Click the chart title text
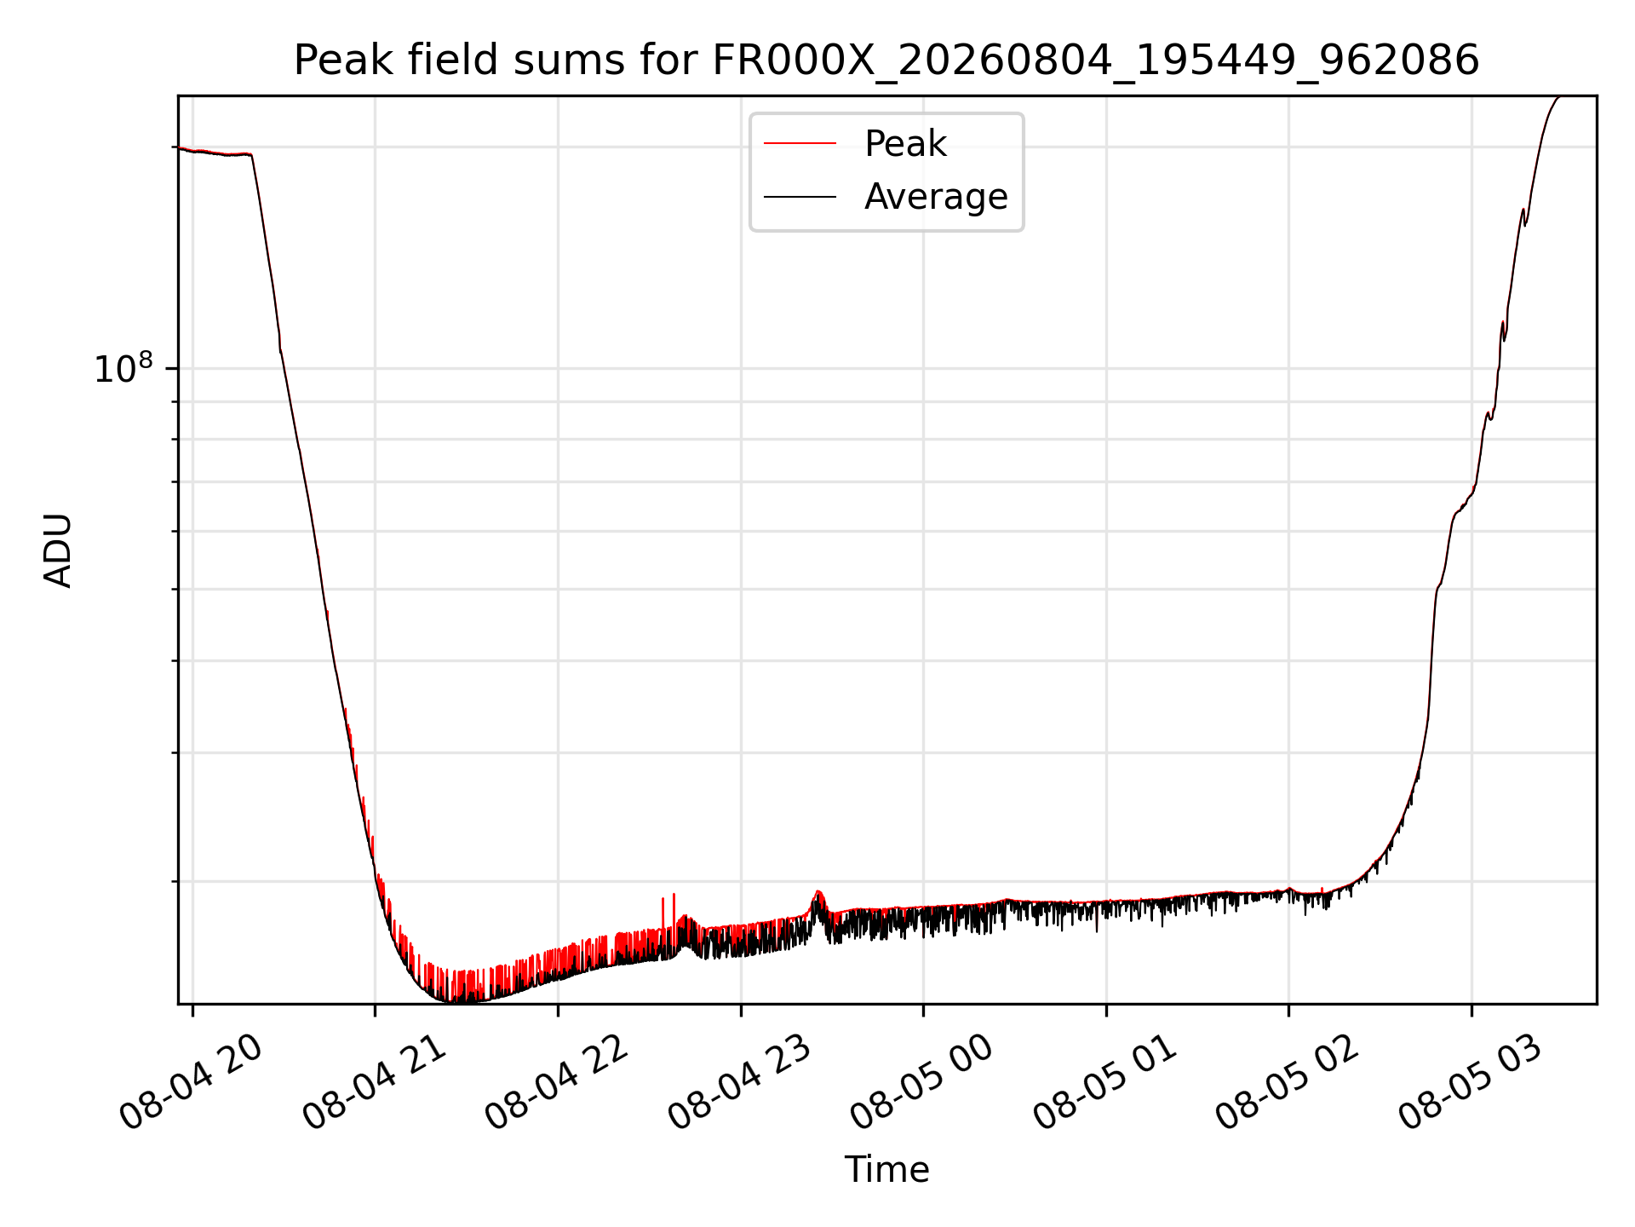click(886, 60)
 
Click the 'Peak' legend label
click(905, 143)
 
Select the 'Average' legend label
click(936, 197)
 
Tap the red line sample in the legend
click(800, 143)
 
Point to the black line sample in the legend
click(800, 197)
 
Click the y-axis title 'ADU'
click(58, 550)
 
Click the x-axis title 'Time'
click(886, 1169)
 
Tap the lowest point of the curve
click(451, 1001)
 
